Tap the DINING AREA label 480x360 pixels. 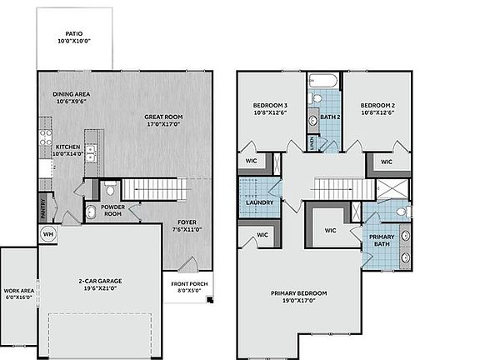(71, 94)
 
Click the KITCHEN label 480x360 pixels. (67, 147)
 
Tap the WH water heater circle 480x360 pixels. (47, 234)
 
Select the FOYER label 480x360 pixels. (182, 222)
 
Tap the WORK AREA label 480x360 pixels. (17, 290)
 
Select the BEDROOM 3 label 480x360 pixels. (269, 106)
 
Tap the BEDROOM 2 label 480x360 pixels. (377, 106)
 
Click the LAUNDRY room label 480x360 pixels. (259, 202)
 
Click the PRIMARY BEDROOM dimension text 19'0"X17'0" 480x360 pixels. (298, 300)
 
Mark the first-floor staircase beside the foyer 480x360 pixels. (157, 189)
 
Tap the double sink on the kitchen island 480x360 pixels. (92, 153)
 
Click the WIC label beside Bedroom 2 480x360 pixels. (387, 162)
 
